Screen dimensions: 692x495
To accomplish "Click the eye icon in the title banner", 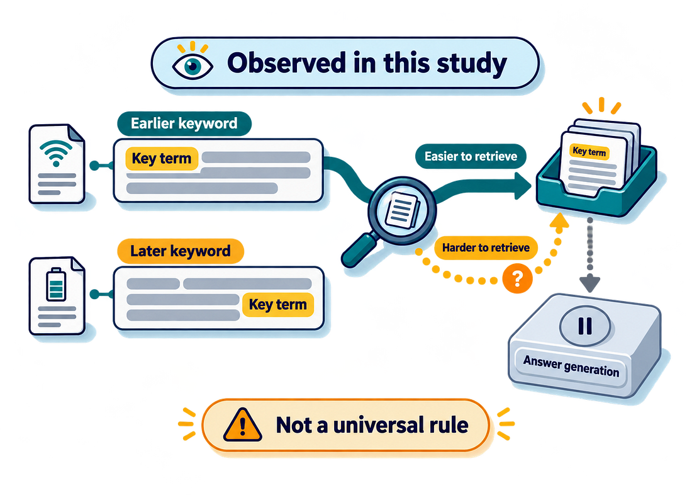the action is [193, 66].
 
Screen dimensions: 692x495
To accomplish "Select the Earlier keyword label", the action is [184, 123].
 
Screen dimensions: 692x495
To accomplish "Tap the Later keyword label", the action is [181, 251].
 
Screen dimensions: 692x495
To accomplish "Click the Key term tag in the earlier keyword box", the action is [162, 159].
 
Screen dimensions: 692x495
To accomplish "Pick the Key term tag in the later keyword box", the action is [277, 305].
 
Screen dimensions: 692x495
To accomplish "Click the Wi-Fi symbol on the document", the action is [56, 153].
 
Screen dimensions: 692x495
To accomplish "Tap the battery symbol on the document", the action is [56, 284].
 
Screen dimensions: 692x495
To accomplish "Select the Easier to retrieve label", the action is [471, 156].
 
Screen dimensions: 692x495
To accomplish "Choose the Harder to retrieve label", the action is [486, 247].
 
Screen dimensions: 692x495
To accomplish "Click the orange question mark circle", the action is [517, 278].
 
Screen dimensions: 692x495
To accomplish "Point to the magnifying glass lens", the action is [402, 210].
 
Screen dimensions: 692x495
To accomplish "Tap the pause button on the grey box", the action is [585, 326].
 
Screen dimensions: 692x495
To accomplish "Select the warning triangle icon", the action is [242, 424].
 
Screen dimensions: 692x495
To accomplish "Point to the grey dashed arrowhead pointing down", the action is [589, 283].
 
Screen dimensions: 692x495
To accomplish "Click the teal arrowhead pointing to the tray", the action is [523, 186].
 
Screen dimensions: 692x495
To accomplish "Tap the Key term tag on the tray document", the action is [589, 152].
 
